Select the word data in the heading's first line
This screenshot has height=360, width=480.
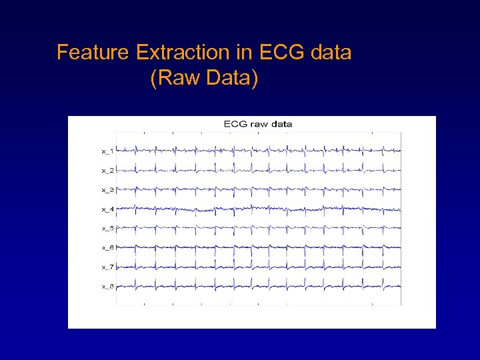330,53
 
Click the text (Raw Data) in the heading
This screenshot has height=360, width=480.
204,79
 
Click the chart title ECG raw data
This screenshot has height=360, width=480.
258,124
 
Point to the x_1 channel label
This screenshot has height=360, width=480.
107,151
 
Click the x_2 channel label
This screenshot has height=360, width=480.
107,171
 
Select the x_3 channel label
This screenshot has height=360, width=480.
107,190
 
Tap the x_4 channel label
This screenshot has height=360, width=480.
107,209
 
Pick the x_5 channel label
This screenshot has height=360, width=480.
107,229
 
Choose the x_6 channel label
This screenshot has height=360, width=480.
107,248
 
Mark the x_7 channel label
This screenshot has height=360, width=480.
107,267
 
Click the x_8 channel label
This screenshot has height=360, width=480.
107,287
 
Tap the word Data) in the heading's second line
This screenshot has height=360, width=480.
232,79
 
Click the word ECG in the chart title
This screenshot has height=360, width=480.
235,124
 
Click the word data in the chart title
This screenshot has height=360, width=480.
281,124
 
